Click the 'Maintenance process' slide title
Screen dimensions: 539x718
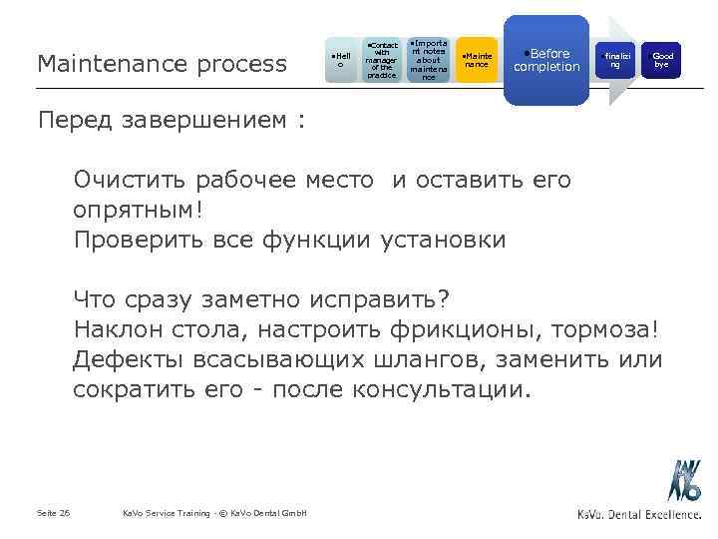[161, 64]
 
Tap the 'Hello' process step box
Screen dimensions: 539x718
[341, 61]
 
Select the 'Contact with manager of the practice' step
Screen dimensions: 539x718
[381, 60]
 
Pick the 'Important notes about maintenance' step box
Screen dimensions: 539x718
[428, 60]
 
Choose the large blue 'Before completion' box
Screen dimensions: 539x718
[546, 60]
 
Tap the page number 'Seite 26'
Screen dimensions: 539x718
[53, 513]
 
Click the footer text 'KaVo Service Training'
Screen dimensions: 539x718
[165, 513]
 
